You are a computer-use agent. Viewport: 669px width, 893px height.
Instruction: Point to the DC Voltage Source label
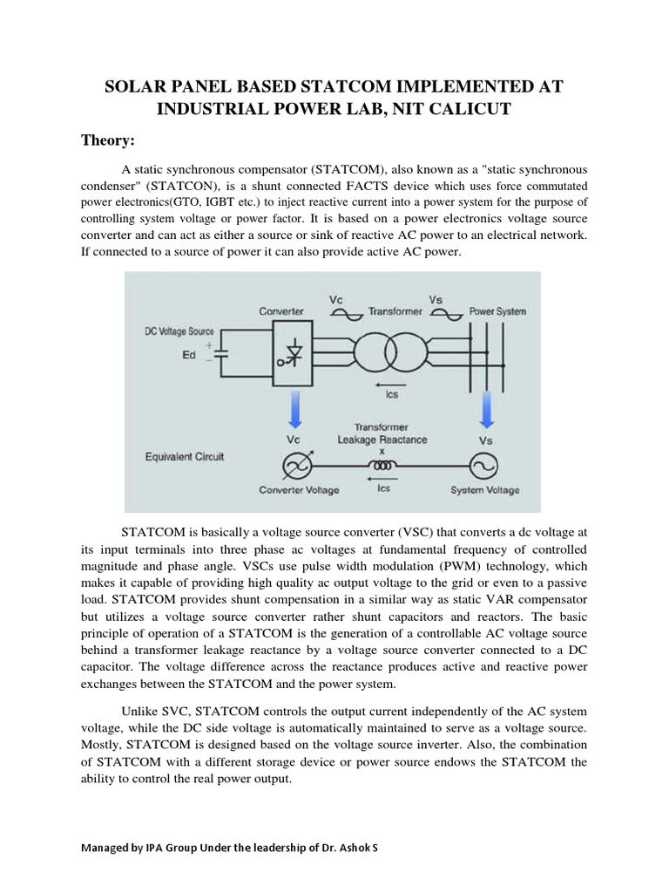click(178, 331)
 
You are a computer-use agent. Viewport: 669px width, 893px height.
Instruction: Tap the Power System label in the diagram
click(497, 311)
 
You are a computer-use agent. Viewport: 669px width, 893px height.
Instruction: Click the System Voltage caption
click(484, 490)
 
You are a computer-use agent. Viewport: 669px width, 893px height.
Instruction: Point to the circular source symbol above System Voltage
click(484, 466)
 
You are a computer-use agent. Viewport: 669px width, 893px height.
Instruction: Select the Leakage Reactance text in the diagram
click(383, 440)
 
